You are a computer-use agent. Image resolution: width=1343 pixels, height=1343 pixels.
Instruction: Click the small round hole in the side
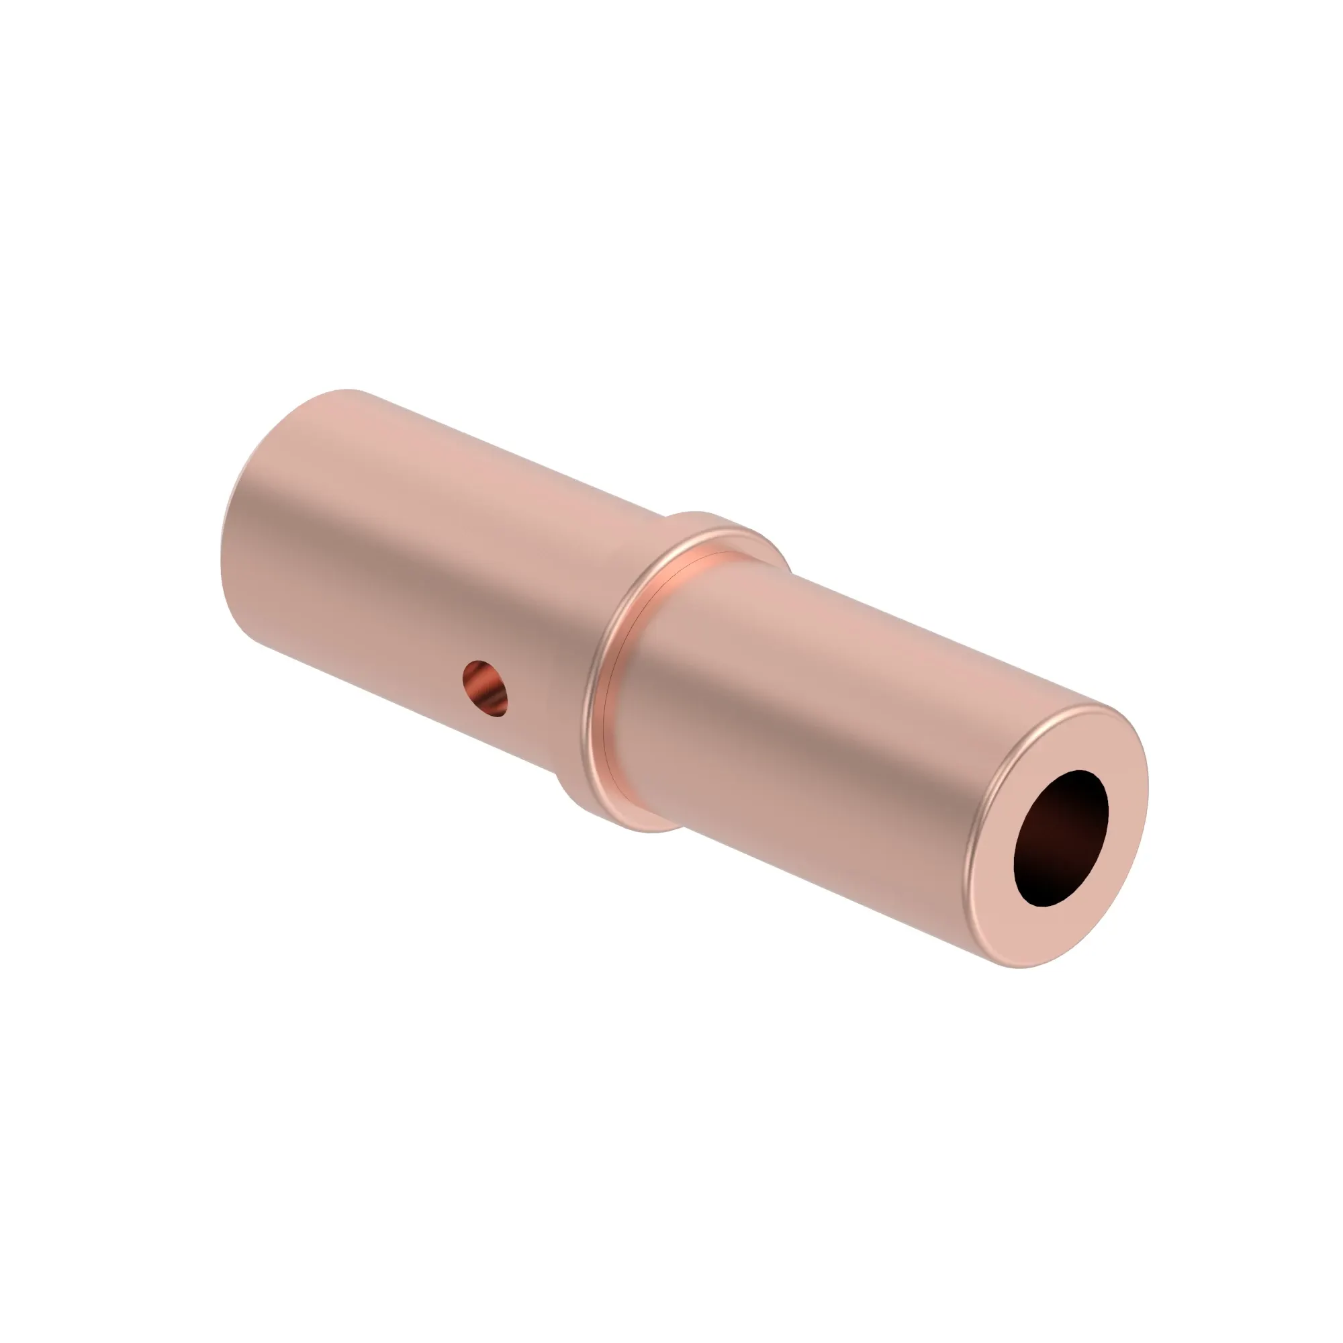[485, 688]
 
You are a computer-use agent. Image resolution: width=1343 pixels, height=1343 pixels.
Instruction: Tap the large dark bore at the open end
[1061, 838]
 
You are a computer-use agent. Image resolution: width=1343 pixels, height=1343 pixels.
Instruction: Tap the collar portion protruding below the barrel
[626, 813]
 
